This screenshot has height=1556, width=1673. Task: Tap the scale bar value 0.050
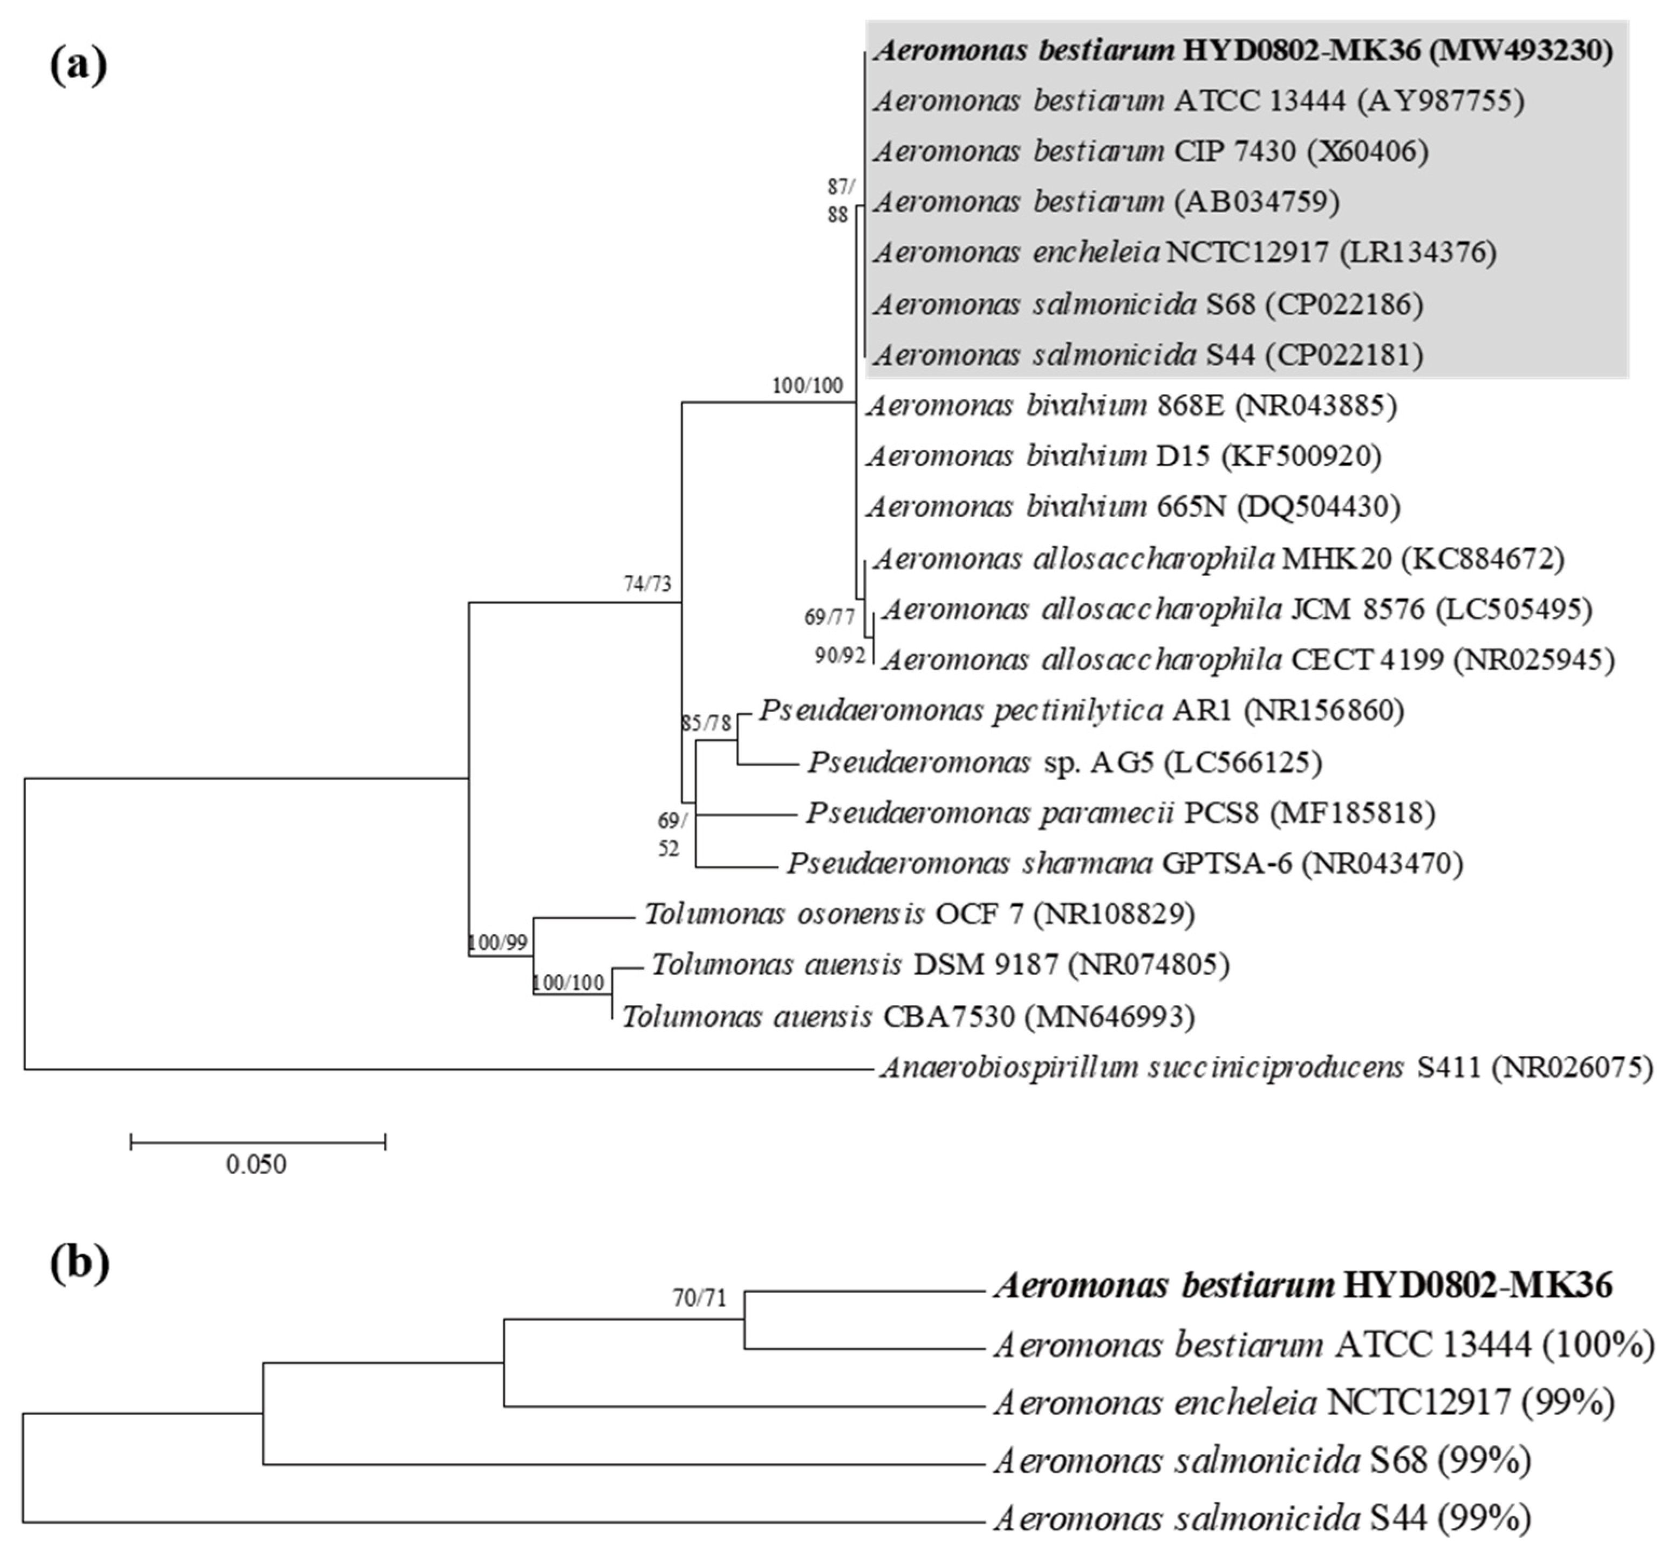click(256, 1165)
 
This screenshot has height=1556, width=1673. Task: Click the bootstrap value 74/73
click(647, 584)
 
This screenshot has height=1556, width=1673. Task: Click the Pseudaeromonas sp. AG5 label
click(1064, 762)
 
